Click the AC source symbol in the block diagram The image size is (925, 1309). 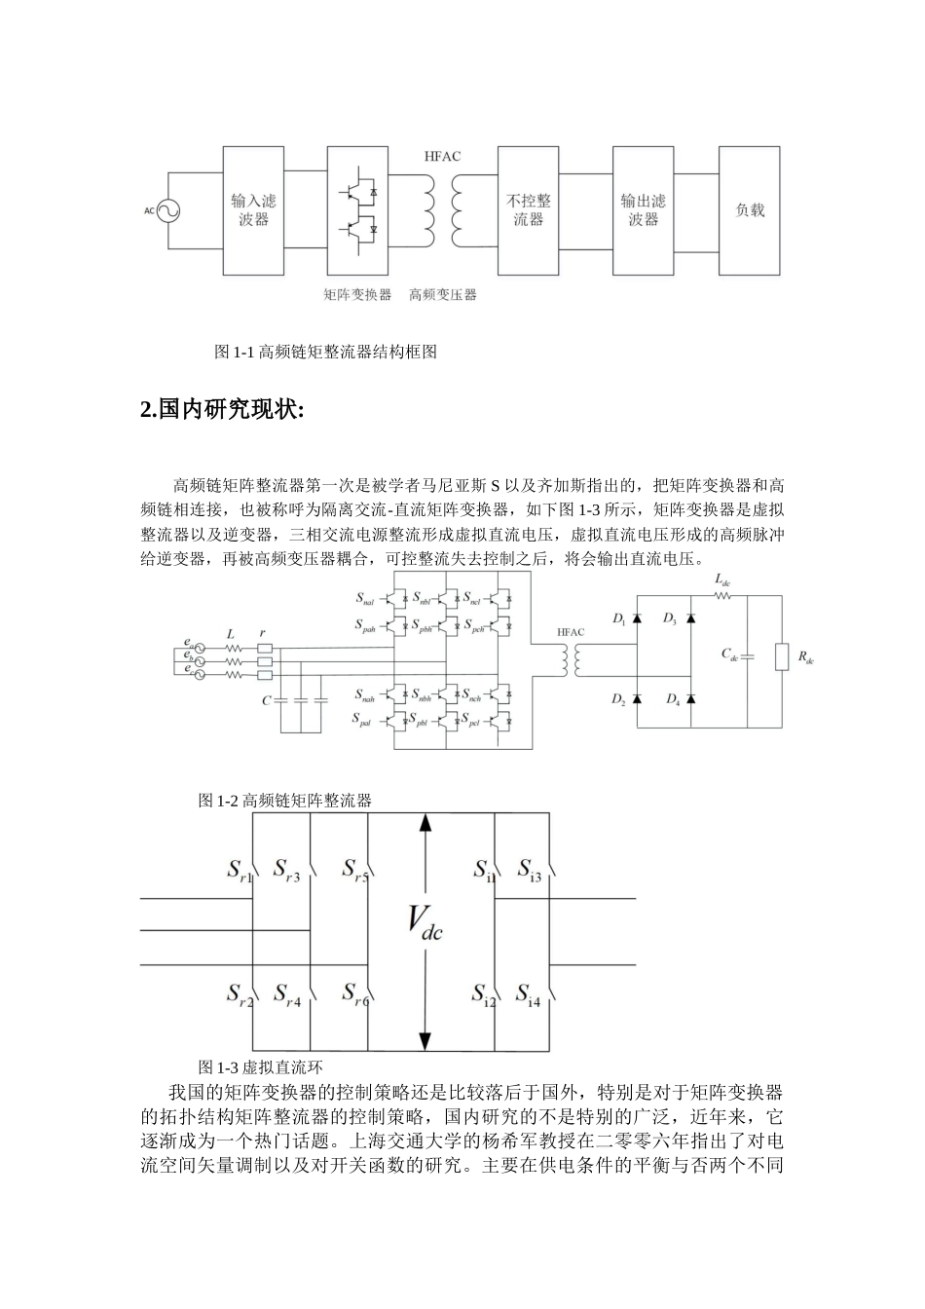[x=165, y=209]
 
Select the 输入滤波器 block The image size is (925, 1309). [x=253, y=209]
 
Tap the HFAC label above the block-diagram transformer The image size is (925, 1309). [x=443, y=156]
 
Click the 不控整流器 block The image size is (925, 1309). [x=530, y=209]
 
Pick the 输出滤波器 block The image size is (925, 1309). [x=644, y=209]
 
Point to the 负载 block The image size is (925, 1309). [x=750, y=209]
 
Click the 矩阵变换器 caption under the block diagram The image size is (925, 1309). [x=357, y=294]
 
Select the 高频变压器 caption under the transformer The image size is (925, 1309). [x=443, y=294]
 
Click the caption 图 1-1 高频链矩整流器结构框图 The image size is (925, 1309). [x=325, y=353]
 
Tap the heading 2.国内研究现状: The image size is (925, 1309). [x=223, y=410]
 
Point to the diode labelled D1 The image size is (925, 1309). [x=637, y=618]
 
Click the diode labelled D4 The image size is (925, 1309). [x=690, y=698]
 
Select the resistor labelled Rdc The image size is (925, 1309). [x=782, y=657]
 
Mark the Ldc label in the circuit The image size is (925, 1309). [x=722, y=580]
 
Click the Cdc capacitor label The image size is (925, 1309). [x=729, y=654]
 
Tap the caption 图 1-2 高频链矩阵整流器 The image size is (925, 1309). [x=285, y=801]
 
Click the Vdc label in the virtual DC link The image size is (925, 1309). [x=425, y=922]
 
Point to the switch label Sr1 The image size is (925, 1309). [x=239, y=870]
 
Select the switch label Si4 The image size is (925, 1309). [x=528, y=995]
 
